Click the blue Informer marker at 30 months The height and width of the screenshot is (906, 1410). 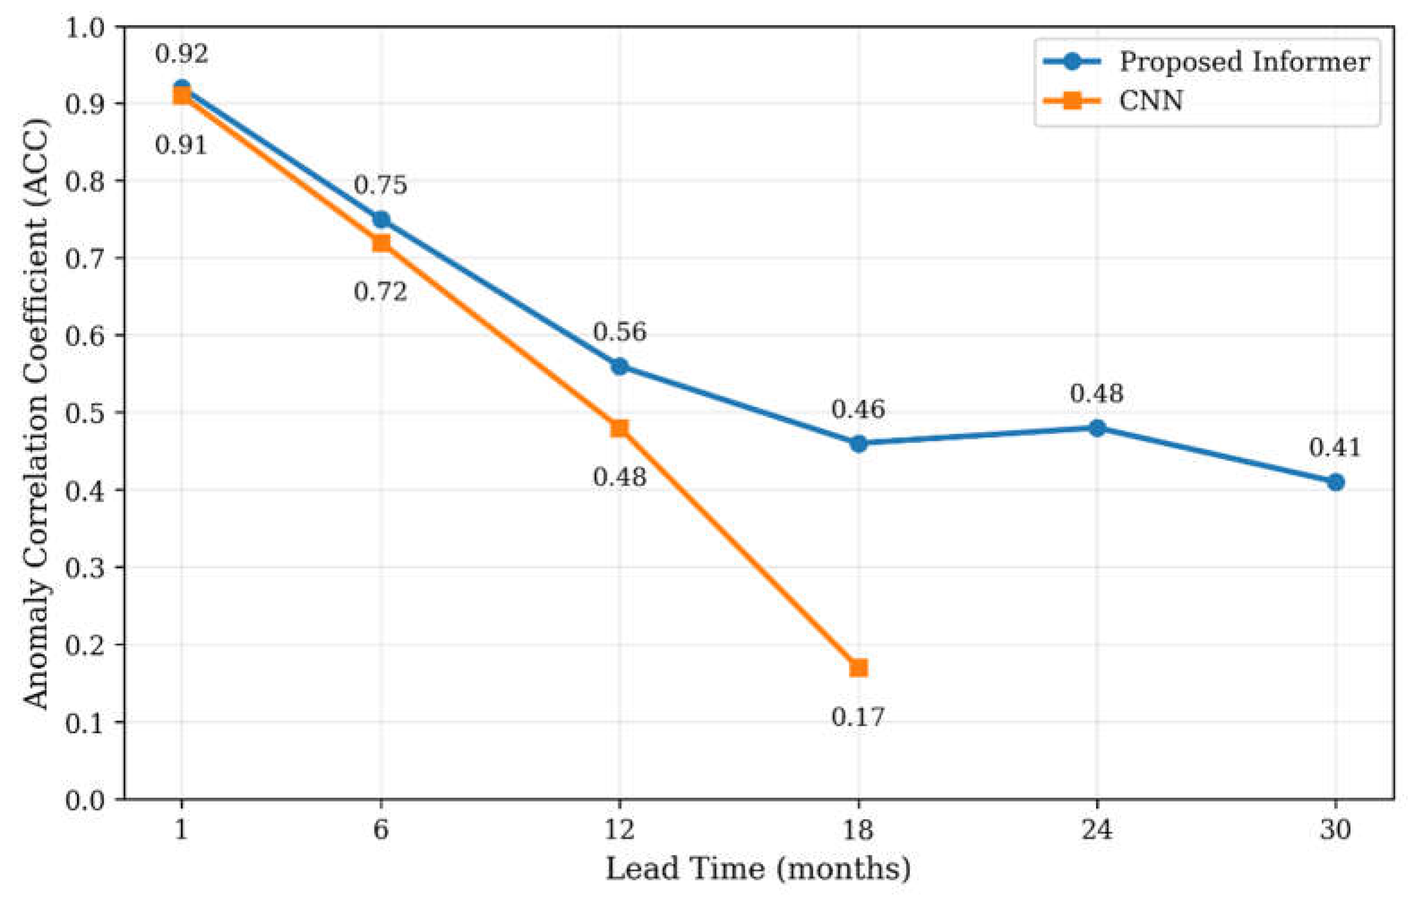1336,483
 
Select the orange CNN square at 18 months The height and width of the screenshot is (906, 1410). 858,668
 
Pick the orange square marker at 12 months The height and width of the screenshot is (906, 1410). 619,428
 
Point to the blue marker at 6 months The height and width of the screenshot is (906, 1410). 381,219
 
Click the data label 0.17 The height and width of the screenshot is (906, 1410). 858,717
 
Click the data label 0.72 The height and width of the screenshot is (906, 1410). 381,292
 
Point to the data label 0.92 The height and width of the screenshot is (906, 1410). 182,54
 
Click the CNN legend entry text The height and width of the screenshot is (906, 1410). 1151,101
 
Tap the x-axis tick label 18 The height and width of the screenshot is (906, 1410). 858,829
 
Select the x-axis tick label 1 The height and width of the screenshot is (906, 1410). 182,829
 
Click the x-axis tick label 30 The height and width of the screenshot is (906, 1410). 1336,829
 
